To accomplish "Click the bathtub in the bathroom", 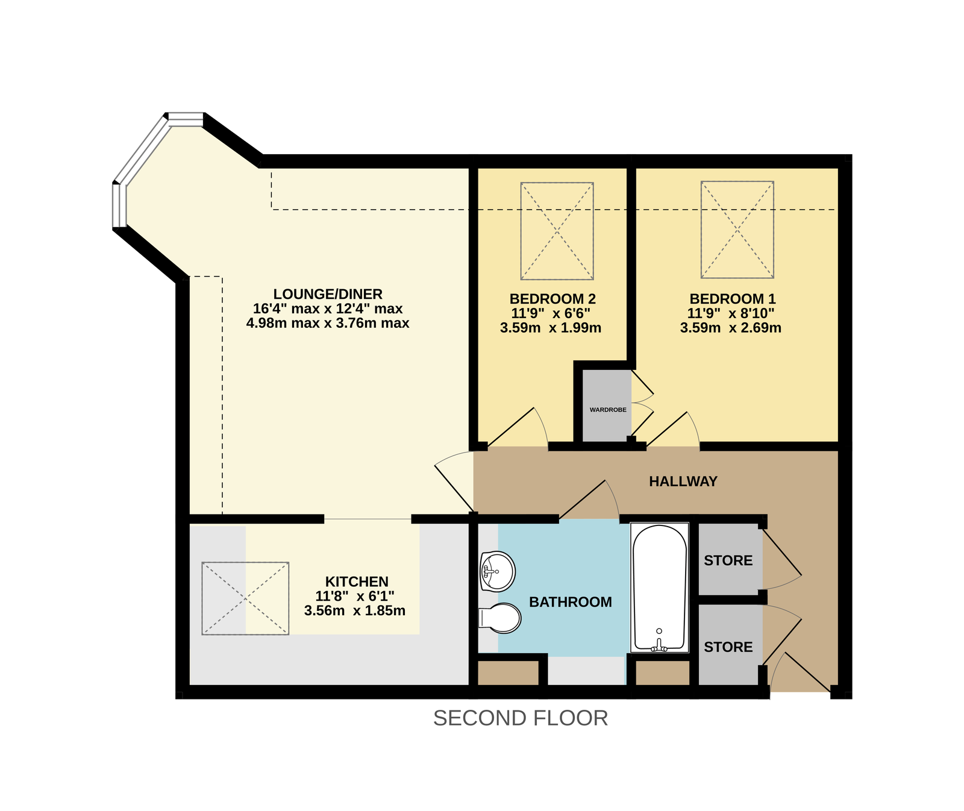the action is (x=659, y=587).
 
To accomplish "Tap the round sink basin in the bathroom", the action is (x=497, y=571).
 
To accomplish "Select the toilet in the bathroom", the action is (x=499, y=618).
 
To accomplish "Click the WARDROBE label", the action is (x=608, y=410).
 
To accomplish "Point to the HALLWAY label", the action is (x=683, y=481).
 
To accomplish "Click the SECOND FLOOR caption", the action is (x=521, y=718).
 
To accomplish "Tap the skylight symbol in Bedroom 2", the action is (x=557, y=231).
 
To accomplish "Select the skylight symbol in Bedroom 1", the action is (x=737, y=230).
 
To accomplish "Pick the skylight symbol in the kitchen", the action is (x=245, y=598).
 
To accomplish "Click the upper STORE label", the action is (x=728, y=561).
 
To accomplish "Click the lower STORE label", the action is (x=728, y=647).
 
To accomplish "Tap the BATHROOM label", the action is (x=571, y=602).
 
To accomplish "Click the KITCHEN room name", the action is (x=357, y=581).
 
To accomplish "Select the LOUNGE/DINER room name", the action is (x=328, y=294).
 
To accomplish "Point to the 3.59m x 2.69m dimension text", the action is (x=731, y=328).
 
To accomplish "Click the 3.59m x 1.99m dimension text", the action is (x=551, y=328).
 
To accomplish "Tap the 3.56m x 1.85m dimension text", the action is (x=355, y=610).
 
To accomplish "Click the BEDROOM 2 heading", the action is (x=552, y=299).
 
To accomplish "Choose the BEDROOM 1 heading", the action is (x=733, y=299).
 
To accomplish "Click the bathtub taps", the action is (x=659, y=645).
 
